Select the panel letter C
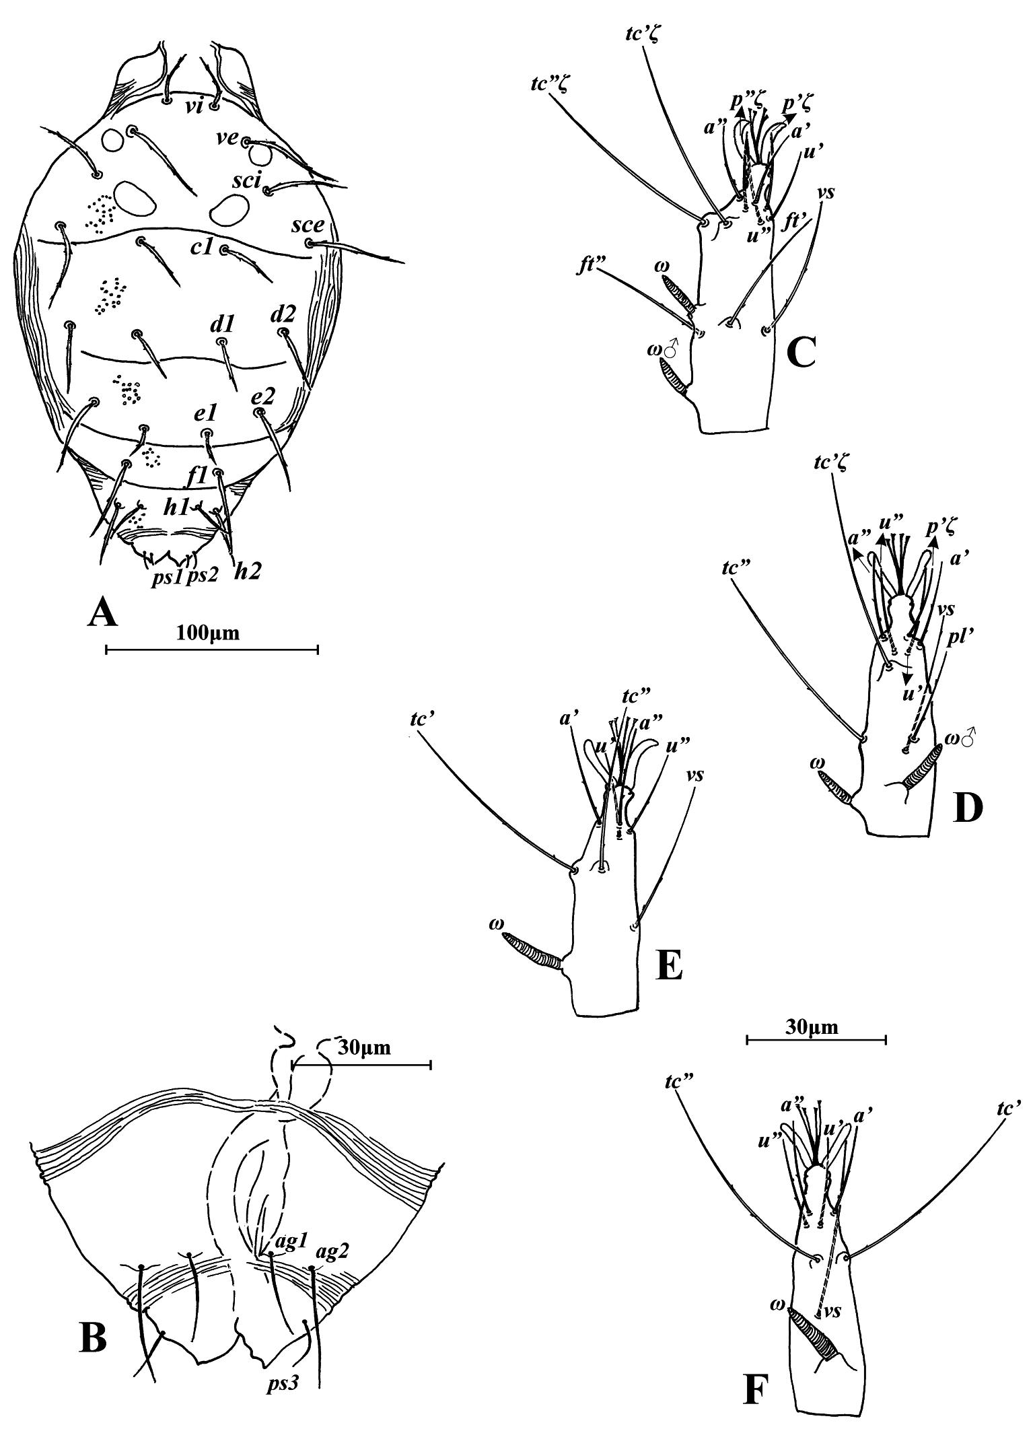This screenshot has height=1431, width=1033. [x=799, y=351]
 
